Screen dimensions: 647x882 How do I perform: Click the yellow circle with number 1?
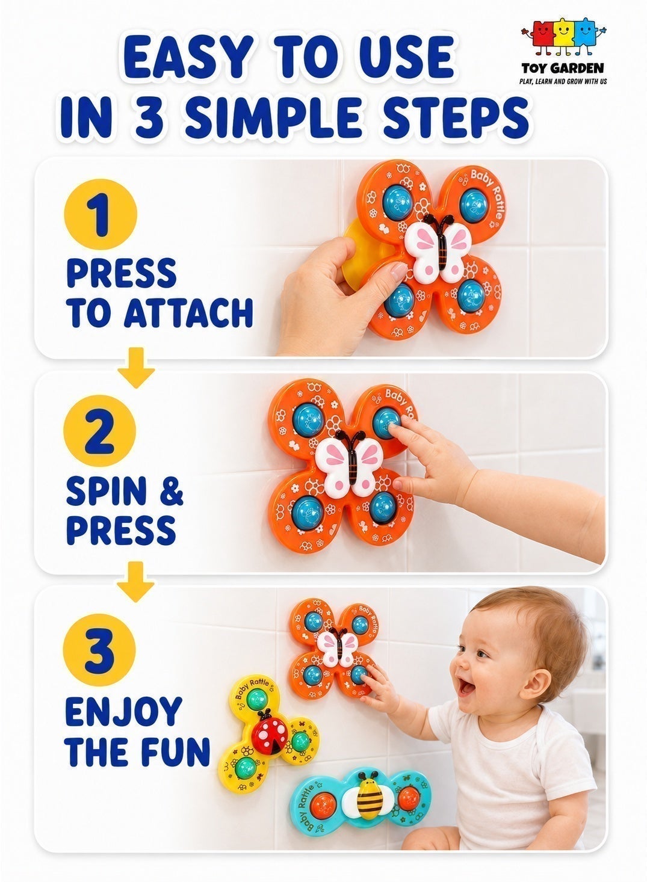[x=101, y=215]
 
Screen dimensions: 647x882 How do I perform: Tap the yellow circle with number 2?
[x=100, y=431]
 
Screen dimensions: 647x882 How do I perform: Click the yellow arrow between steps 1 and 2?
[x=136, y=368]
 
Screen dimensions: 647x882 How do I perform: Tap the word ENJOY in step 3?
[x=123, y=712]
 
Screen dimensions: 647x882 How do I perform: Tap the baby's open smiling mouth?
[x=467, y=688]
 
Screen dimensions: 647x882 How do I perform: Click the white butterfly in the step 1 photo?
[x=438, y=248]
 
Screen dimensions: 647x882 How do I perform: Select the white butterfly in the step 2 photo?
[x=349, y=462]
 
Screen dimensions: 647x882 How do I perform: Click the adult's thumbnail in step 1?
[x=399, y=271]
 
